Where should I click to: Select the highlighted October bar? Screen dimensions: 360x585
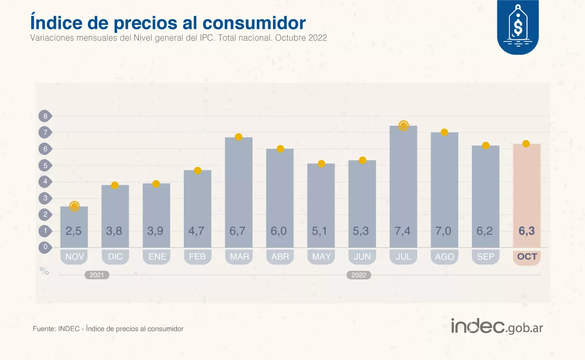526,195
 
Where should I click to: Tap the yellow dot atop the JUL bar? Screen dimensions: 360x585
403,126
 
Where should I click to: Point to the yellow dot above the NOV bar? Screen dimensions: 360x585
74,207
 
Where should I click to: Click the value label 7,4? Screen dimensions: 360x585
403,231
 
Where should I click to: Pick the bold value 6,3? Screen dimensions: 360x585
526,231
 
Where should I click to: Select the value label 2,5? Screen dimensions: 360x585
74,231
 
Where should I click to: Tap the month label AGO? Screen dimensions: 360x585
444,257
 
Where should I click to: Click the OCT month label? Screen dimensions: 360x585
526,257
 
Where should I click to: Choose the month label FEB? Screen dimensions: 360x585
197,257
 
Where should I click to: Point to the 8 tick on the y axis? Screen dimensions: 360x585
45,116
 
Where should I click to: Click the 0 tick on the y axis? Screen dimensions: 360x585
45,247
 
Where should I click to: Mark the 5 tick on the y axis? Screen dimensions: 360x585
45,165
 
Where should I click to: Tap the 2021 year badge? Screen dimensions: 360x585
97,275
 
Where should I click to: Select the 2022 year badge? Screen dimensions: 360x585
359,275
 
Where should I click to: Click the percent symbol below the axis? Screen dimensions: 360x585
44,271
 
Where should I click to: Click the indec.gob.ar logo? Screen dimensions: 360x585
497,326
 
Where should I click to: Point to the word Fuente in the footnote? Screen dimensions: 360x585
43,329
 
